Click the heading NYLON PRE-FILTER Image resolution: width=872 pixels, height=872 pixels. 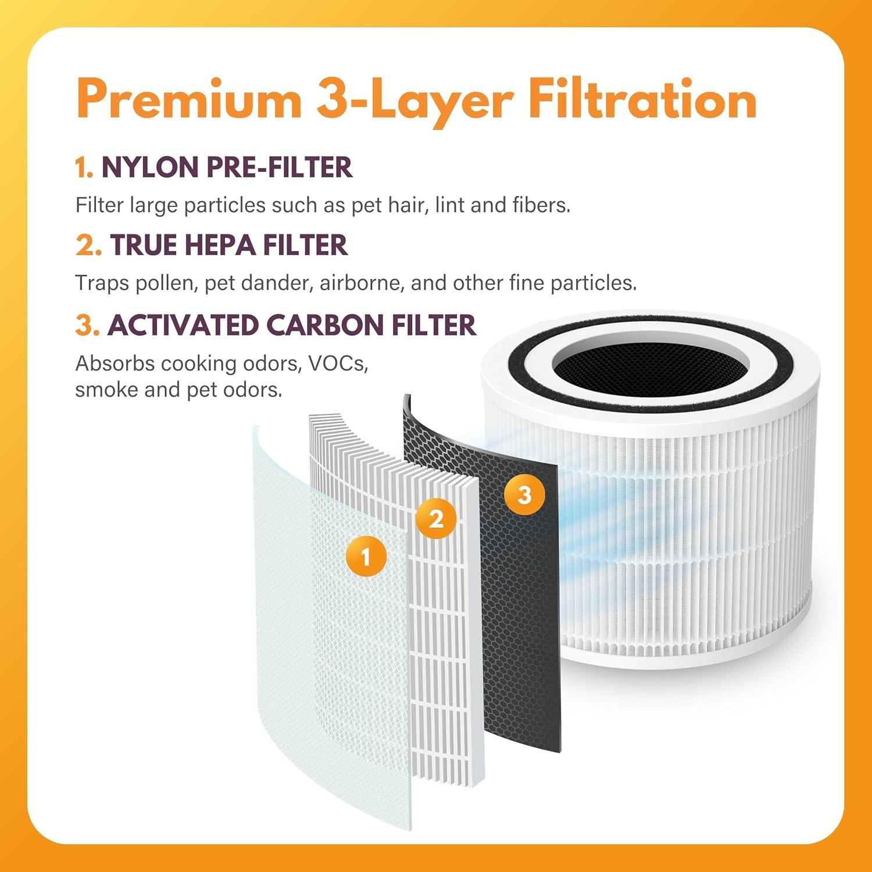point(227,167)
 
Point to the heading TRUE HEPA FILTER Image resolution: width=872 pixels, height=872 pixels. point(228,245)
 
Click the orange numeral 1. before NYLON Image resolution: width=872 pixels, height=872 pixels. point(84,168)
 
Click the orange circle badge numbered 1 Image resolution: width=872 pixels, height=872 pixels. point(365,557)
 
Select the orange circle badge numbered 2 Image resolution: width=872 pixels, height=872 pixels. point(436,519)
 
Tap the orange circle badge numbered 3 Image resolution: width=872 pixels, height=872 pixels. point(524,495)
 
